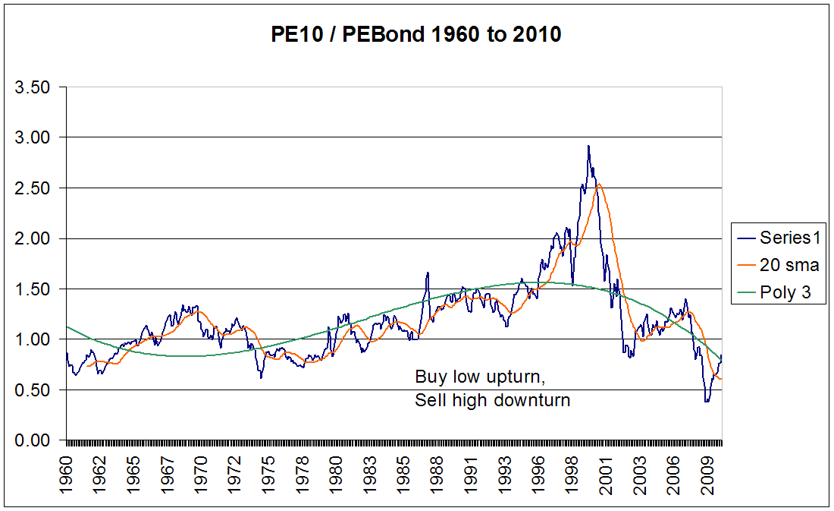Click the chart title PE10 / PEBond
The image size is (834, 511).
click(416, 34)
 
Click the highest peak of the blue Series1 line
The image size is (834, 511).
click(588, 147)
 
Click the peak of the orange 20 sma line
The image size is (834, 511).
click(599, 185)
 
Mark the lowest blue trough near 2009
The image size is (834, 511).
click(707, 401)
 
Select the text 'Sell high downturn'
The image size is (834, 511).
click(492, 400)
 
